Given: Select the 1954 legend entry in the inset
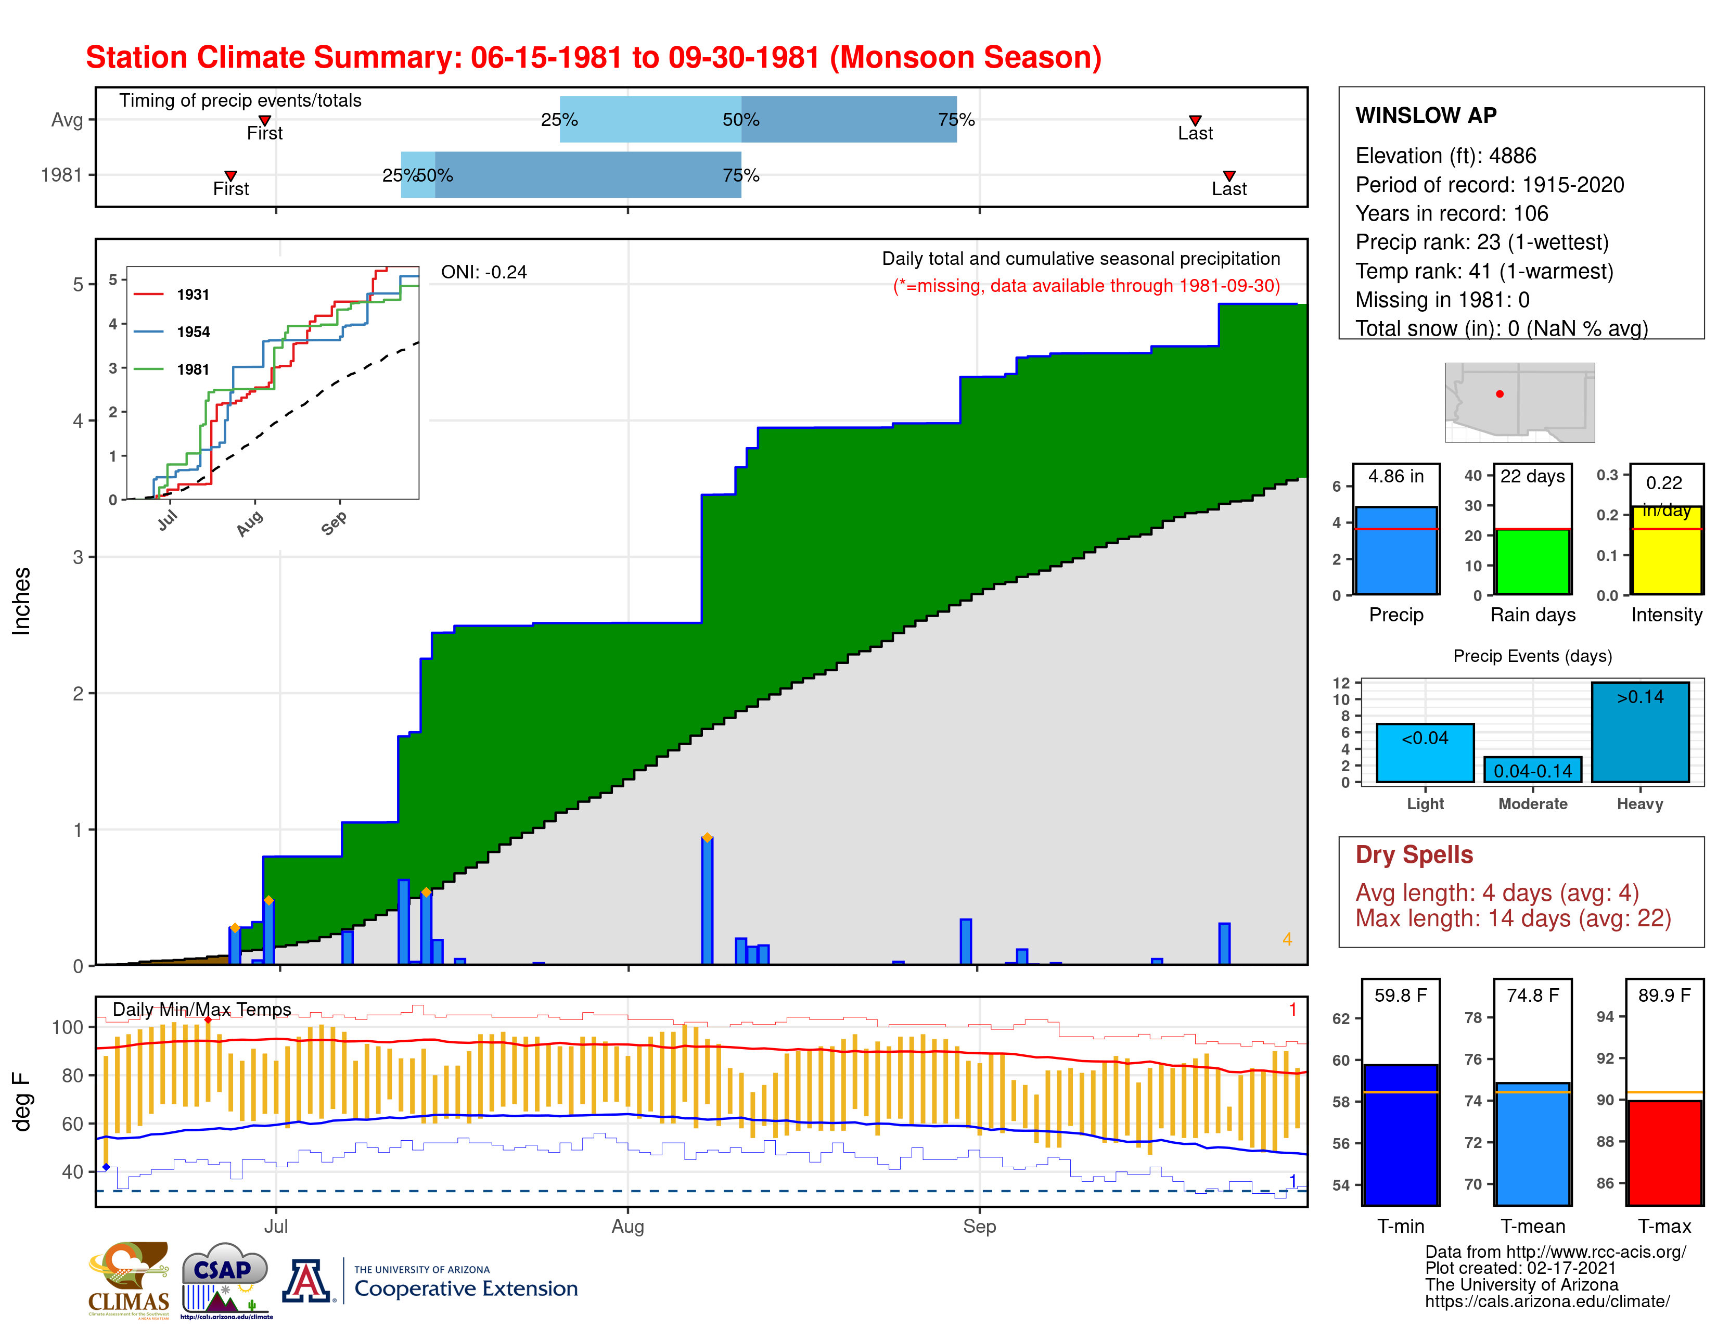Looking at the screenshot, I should point(193,332).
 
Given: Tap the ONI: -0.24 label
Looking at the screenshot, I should point(483,272).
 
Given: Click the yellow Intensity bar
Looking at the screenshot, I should point(1666,550).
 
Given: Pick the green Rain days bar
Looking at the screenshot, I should point(1532,562).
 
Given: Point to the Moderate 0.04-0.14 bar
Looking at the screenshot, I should point(1532,770).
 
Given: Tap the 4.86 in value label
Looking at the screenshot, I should point(1395,476).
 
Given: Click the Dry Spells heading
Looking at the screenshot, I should point(1414,854).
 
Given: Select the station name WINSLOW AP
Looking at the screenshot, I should point(1425,116).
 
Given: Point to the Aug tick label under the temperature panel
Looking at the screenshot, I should point(627,1227).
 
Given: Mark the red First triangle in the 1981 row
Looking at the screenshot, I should point(230,176).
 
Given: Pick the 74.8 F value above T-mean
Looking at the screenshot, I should point(1532,995).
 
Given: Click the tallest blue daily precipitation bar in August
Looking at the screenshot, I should point(707,901).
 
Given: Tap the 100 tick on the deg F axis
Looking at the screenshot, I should point(68,1027).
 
